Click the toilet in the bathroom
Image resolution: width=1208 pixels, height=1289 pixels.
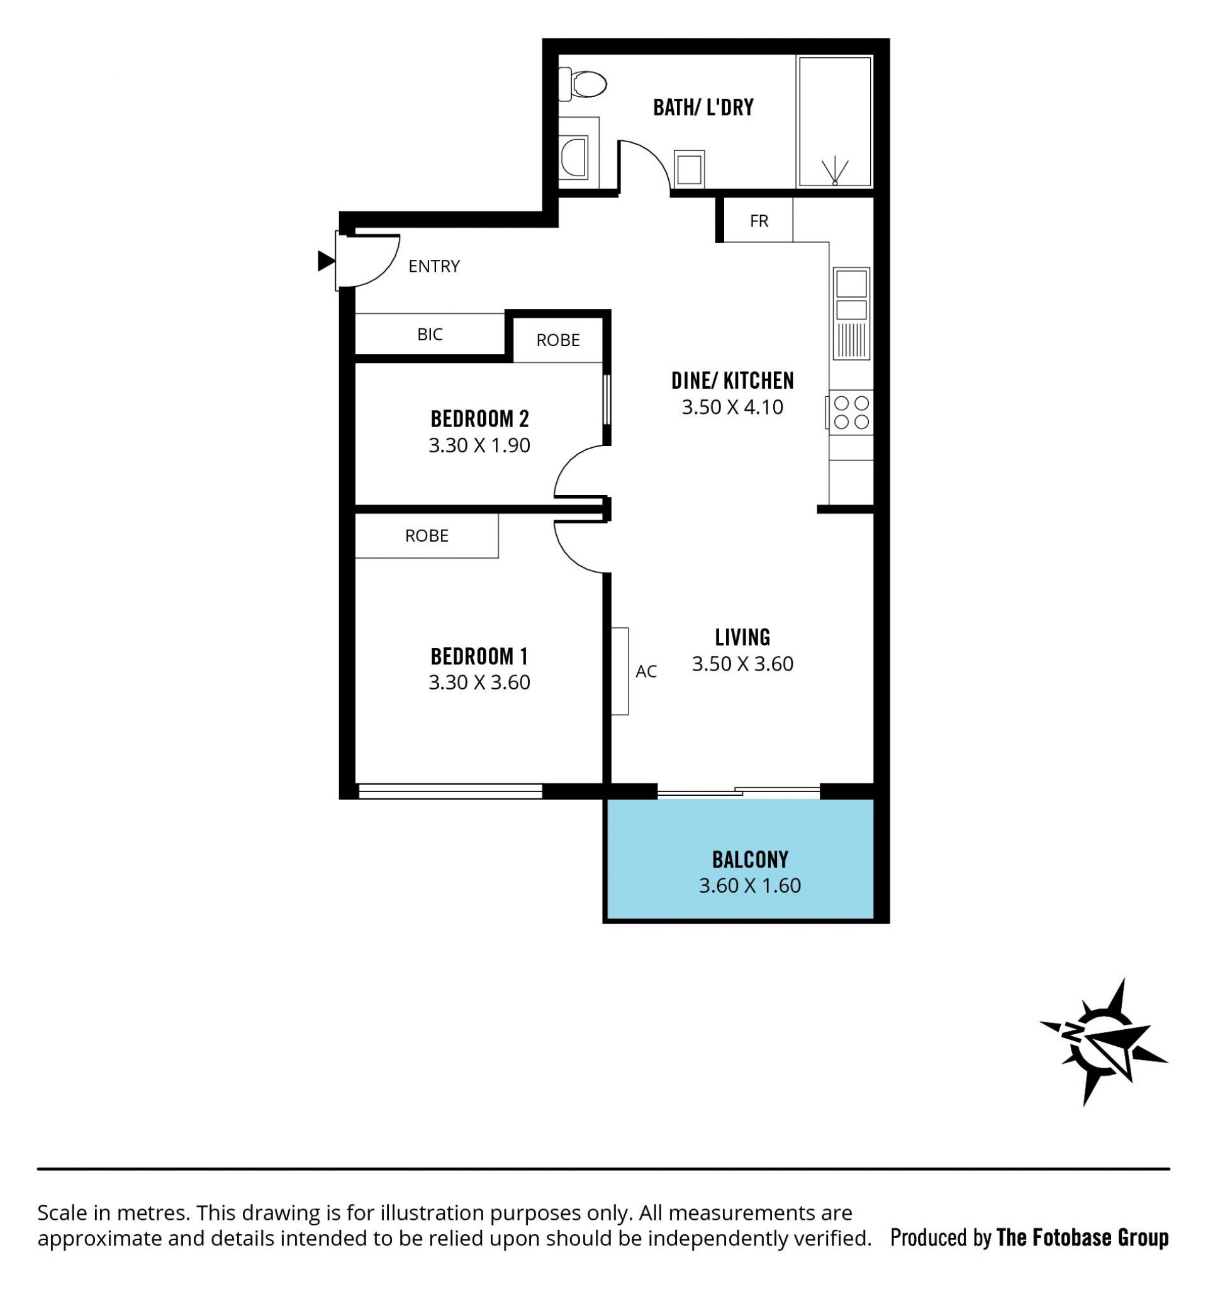tap(581, 84)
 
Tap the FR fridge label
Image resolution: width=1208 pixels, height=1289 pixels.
tap(759, 221)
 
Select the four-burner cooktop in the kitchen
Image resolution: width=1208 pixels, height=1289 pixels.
tap(851, 413)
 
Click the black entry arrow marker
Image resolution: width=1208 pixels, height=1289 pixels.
tap(326, 260)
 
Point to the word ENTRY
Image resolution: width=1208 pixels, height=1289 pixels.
tap(433, 266)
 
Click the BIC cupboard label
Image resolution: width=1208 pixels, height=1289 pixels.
tap(430, 334)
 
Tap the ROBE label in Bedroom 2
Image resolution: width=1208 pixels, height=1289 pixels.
tap(557, 340)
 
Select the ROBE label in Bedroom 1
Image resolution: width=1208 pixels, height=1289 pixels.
tap(427, 535)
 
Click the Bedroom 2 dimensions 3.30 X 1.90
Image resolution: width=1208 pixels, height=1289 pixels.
tap(479, 445)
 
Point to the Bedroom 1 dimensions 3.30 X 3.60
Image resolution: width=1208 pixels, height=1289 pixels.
tap(479, 682)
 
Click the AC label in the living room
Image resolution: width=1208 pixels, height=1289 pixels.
tap(646, 671)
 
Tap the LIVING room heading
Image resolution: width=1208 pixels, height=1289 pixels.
tap(742, 637)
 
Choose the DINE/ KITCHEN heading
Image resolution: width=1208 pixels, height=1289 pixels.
tap(732, 381)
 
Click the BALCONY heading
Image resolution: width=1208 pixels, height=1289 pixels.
tap(750, 860)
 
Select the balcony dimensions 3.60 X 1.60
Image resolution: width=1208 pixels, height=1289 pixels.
tap(749, 886)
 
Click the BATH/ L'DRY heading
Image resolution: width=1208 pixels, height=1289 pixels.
tap(703, 107)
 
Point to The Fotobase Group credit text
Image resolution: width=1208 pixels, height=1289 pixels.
tap(1082, 1237)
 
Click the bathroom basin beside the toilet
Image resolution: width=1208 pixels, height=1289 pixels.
tap(574, 157)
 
